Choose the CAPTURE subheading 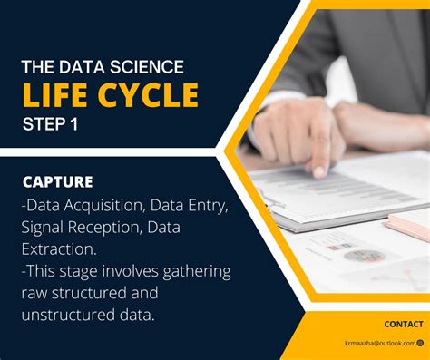tap(57, 181)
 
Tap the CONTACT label tap(403, 324)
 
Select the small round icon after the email tap(420, 343)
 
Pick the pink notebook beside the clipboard tap(407, 226)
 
